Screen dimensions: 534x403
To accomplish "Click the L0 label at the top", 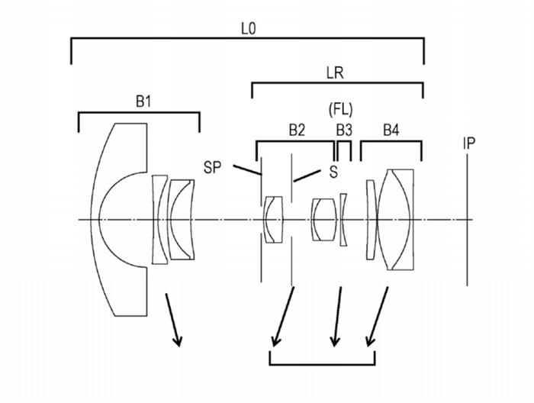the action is [248, 29].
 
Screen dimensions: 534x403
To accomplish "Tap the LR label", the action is [335, 73].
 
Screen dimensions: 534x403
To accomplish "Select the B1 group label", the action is [143, 102].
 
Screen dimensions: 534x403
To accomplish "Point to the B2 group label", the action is [297, 130].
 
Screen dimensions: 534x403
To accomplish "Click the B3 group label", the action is [344, 130].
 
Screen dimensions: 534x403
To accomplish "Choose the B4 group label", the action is [391, 130].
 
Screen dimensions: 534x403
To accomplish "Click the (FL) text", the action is [340, 110].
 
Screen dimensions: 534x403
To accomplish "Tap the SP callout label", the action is [212, 168].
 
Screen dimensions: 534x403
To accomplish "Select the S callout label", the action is [333, 172].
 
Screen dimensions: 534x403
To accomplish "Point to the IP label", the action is [469, 143].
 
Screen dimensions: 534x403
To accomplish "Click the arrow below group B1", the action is [173, 320].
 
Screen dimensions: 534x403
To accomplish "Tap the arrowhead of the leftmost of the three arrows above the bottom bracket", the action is [275, 342].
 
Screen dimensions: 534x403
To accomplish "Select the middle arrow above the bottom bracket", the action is [337, 317].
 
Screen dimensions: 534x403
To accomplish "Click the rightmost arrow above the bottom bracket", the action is [378, 317].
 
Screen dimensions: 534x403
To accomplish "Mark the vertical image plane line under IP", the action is [467, 220].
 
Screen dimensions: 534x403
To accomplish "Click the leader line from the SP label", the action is [248, 170].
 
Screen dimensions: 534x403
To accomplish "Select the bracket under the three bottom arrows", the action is [322, 364].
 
